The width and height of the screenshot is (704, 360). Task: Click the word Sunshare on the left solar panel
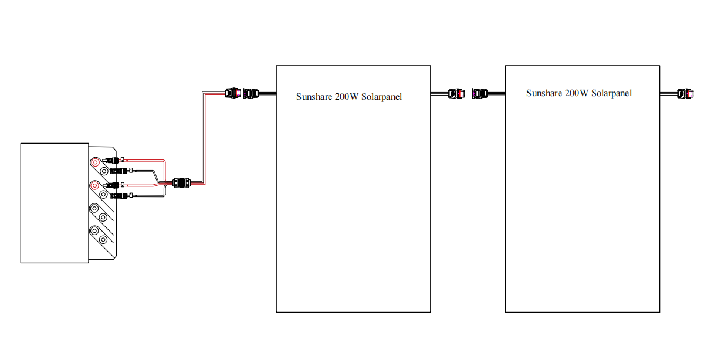pos(314,97)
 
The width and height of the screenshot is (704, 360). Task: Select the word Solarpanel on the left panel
pos(382,97)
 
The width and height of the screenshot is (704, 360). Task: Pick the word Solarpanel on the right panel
pos(612,93)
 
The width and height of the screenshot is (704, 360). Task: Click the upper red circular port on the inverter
pos(94,162)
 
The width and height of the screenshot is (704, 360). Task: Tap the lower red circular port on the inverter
pos(94,186)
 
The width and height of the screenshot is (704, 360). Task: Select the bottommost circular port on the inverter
pos(104,240)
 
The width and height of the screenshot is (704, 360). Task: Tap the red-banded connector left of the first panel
pos(233,93)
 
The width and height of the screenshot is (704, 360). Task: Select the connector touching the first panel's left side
pos(251,93)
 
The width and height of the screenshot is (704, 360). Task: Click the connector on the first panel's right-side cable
pos(456,93)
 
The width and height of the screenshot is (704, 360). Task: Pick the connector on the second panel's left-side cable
pos(480,93)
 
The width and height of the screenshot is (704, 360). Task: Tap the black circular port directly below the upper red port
pos(104,171)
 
